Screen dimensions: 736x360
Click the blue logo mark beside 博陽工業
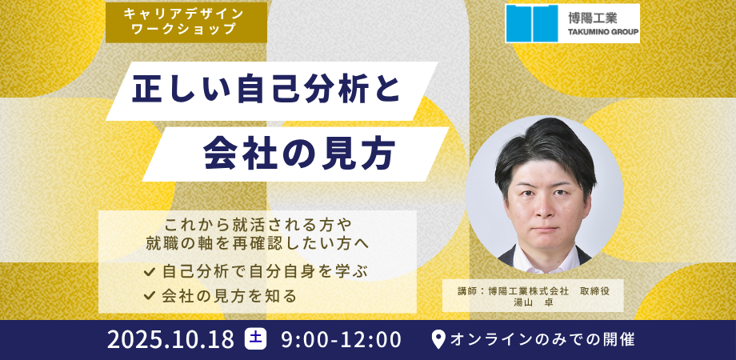click(532, 23)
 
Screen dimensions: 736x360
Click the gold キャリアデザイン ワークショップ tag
click(186, 22)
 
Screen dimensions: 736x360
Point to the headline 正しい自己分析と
click(266, 89)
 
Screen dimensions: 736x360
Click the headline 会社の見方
click(298, 154)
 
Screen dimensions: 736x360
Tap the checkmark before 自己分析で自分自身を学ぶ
click(150, 271)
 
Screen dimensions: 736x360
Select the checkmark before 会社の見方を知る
click(150, 294)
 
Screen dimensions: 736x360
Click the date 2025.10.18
click(171, 340)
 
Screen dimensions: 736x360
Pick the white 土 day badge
click(255, 339)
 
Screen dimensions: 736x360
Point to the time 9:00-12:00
click(342, 340)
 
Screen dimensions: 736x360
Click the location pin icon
click(438, 340)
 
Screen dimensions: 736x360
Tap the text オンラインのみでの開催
click(542, 339)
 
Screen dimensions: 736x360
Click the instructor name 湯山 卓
click(534, 302)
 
